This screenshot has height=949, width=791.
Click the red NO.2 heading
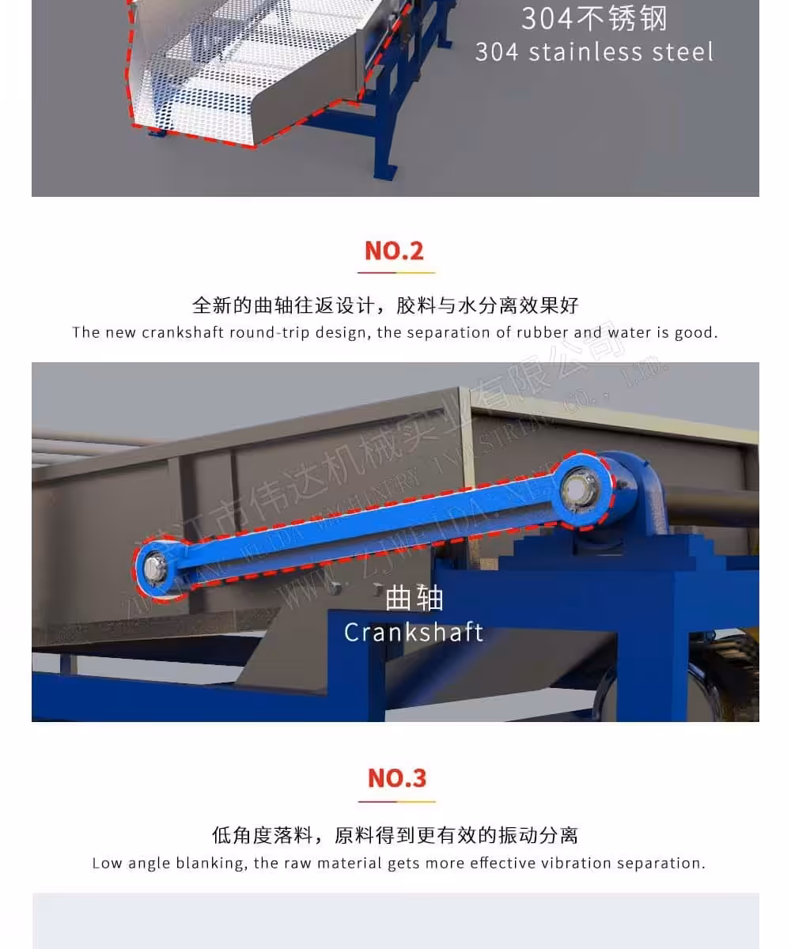pyautogui.click(x=394, y=251)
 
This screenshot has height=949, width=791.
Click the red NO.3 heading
pyautogui.click(x=397, y=778)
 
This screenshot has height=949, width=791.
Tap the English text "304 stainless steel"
pyautogui.click(x=594, y=52)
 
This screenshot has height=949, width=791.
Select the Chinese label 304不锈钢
pyautogui.click(x=594, y=18)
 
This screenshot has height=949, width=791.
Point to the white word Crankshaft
pyautogui.click(x=414, y=632)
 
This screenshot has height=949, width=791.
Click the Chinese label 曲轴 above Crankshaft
pyautogui.click(x=414, y=599)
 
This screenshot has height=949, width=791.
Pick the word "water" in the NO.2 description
pyautogui.click(x=629, y=332)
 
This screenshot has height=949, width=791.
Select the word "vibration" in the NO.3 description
pyautogui.click(x=581, y=863)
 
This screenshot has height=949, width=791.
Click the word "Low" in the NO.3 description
pyautogui.click(x=107, y=863)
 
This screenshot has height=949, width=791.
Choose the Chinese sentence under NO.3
pyautogui.click(x=395, y=835)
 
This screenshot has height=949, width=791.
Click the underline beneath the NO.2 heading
pyautogui.click(x=396, y=273)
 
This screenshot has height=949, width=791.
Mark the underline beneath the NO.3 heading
pyautogui.click(x=396, y=801)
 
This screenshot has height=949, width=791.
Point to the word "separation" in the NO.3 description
pyautogui.click(x=663, y=863)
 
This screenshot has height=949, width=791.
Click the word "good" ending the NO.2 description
pyautogui.click(x=695, y=332)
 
